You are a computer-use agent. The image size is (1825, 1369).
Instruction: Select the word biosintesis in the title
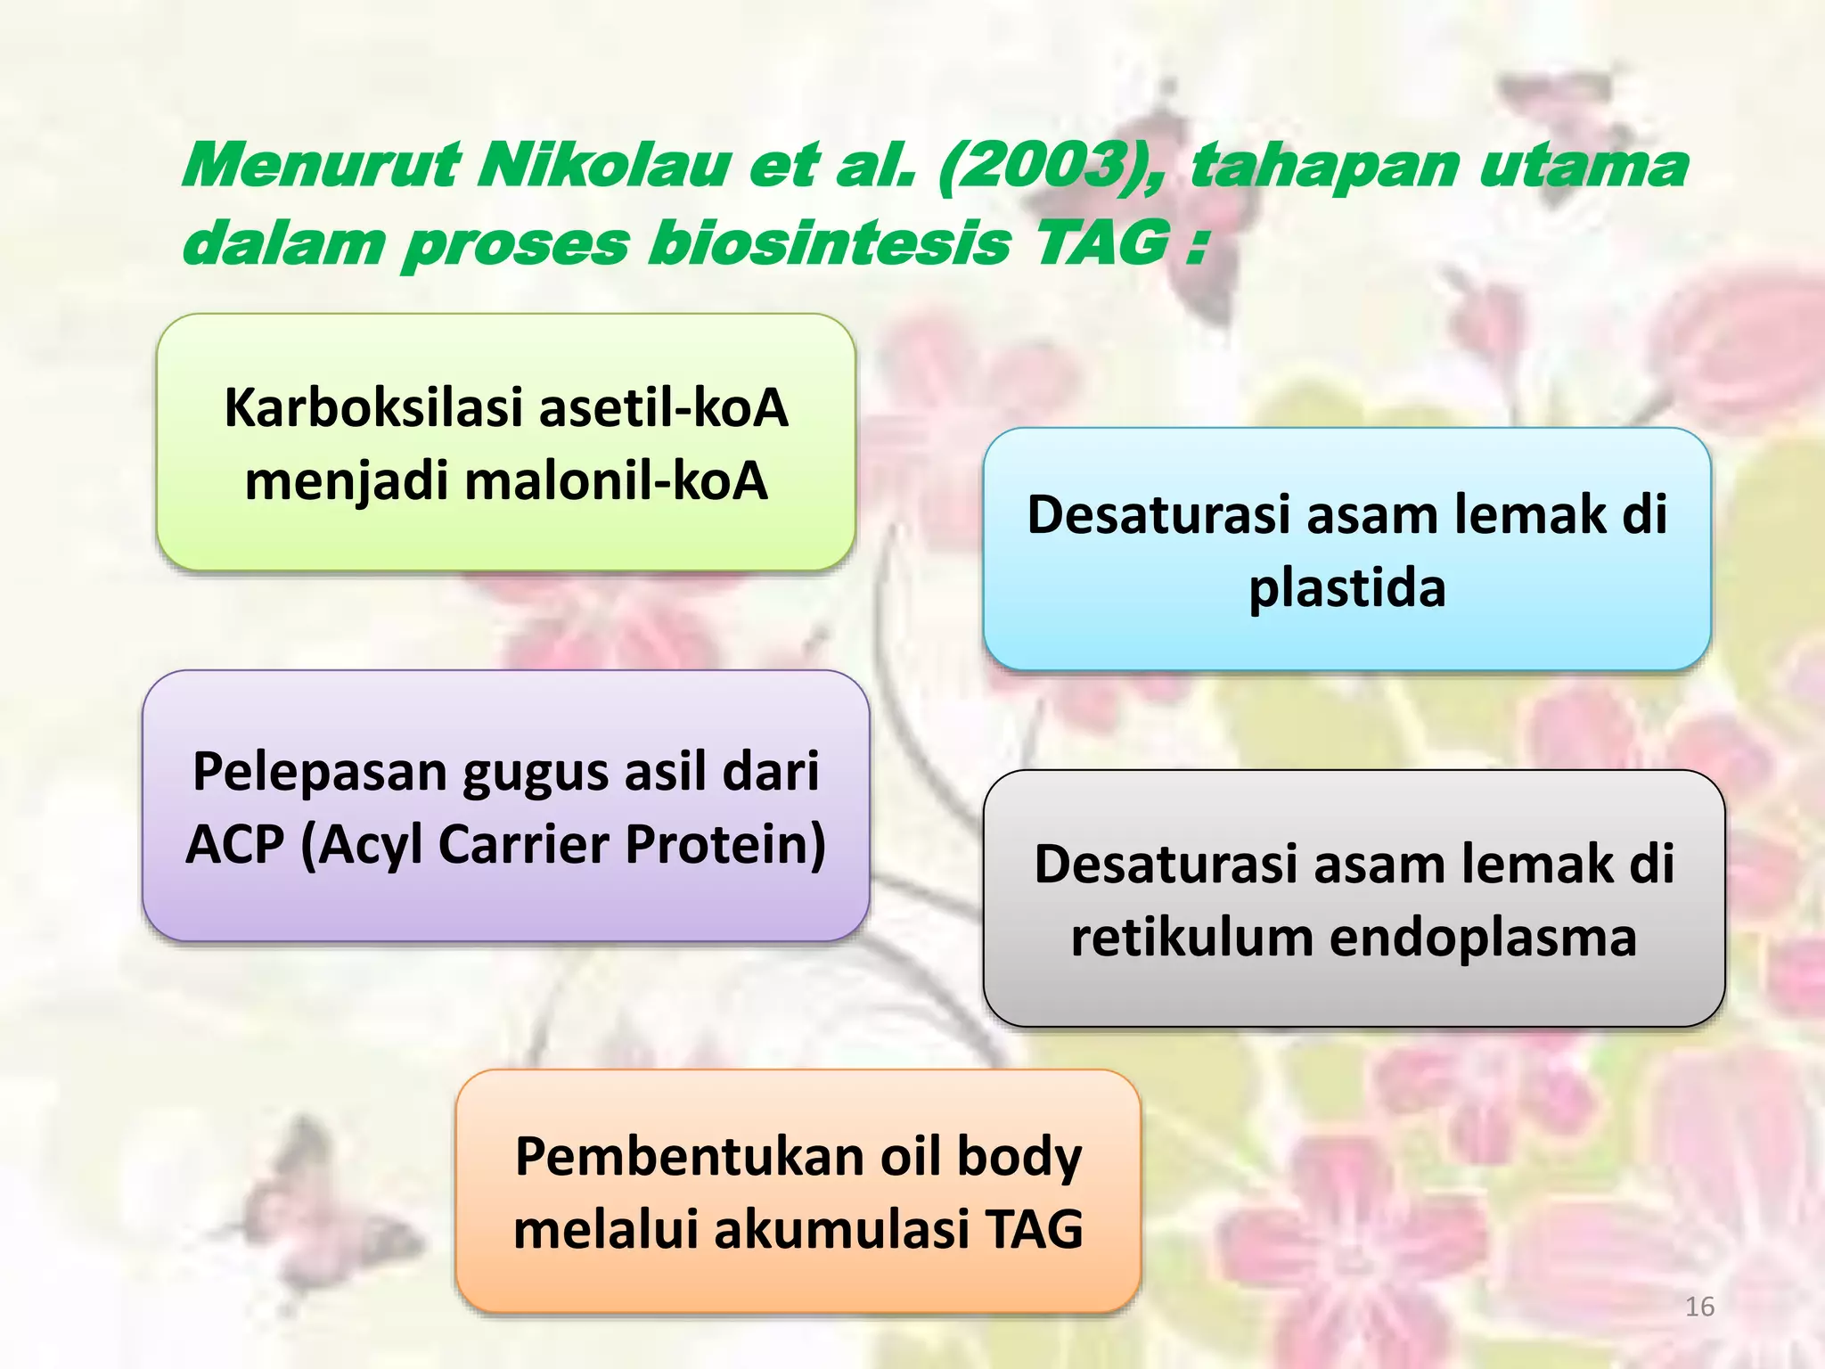click(x=829, y=243)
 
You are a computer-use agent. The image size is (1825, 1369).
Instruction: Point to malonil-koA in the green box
click(x=615, y=481)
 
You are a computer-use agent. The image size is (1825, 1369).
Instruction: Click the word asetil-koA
click(x=664, y=408)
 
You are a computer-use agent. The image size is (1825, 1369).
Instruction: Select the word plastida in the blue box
click(x=1346, y=589)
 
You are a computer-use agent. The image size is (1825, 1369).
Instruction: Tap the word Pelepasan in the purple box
click(x=318, y=772)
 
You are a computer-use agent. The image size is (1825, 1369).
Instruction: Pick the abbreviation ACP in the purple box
click(x=234, y=844)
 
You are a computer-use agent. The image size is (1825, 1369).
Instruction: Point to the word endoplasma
click(x=1483, y=938)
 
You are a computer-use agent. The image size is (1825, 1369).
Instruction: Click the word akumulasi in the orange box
click(x=841, y=1230)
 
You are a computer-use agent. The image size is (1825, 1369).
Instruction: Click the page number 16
click(x=1699, y=1307)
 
